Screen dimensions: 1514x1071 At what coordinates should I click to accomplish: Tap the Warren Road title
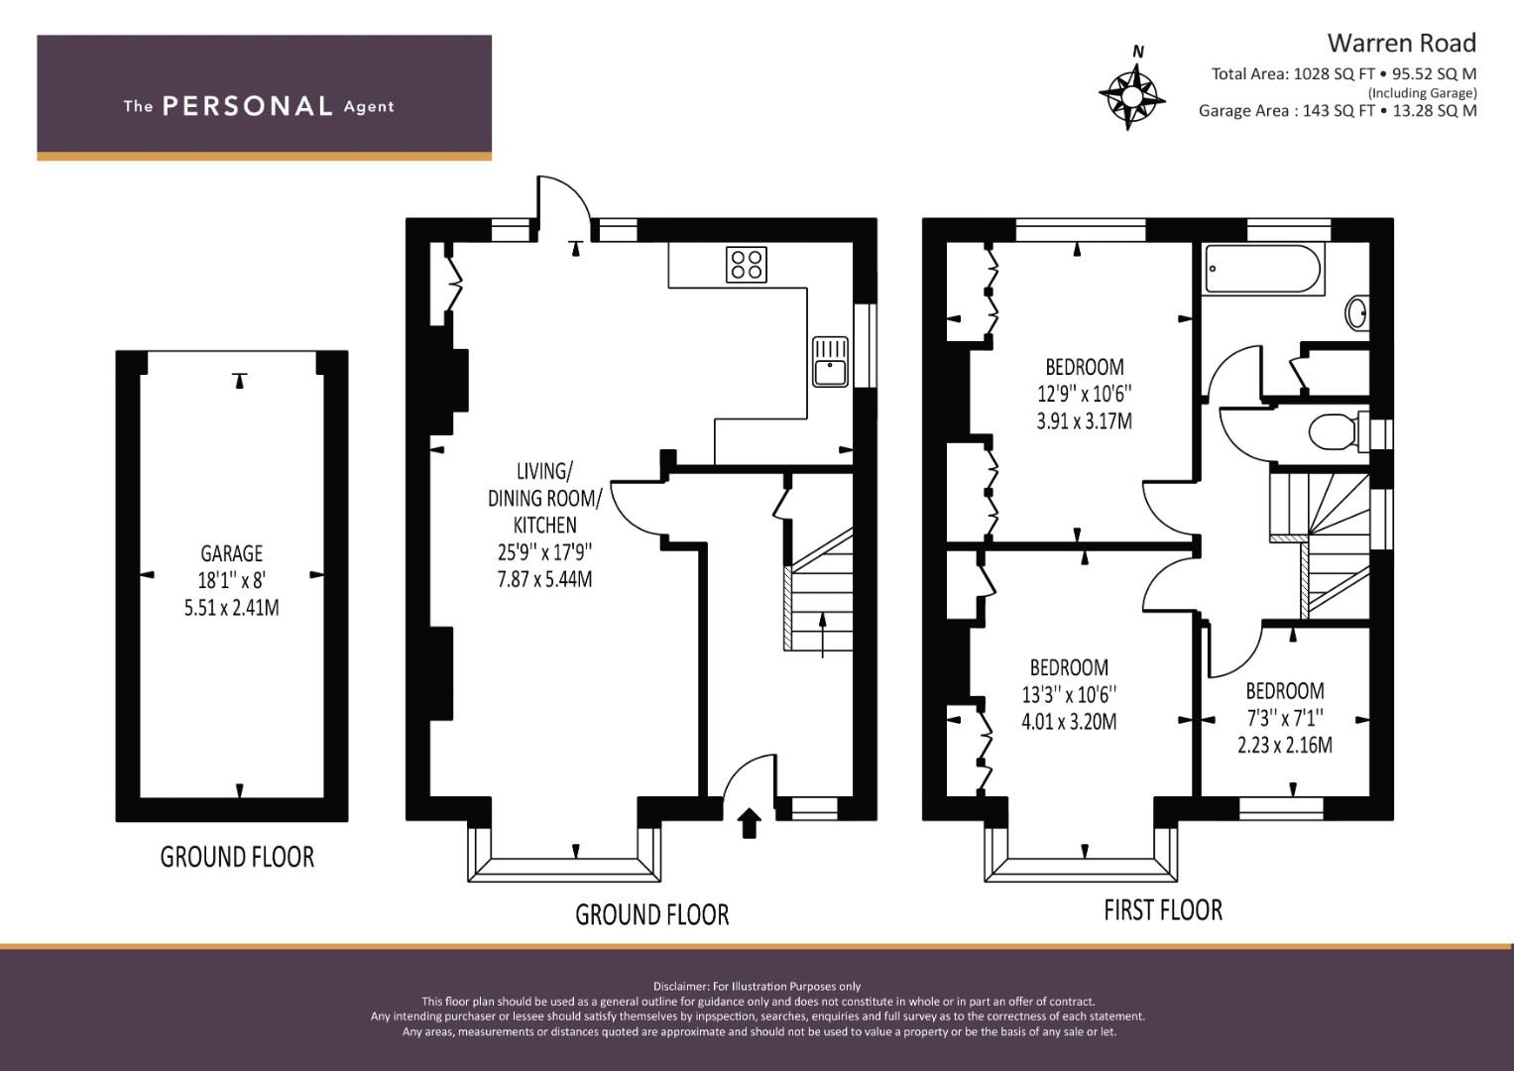pyautogui.click(x=1402, y=43)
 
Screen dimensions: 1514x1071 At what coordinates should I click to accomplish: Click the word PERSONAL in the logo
pyautogui.click(x=248, y=106)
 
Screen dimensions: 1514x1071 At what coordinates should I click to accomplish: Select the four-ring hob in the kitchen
pyautogui.click(x=747, y=264)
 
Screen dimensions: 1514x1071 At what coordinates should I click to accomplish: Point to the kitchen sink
pyautogui.click(x=830, y=362)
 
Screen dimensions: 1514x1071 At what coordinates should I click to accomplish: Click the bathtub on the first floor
pyautogui.click(x=1262, y=269)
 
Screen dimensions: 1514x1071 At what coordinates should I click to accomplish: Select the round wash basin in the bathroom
pyautogui.click(x=1357, y=312)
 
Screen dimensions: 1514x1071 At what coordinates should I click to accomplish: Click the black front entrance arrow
pyautogui.click(x=749, y=823)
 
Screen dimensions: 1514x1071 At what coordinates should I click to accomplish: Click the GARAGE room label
pyautogui.click(x=231, y=553)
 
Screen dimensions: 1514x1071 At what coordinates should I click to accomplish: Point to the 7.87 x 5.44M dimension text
pyautogui.click(x=544, y=579)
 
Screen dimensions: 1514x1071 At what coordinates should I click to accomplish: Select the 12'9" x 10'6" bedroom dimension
pyautogui.click(x=1084, y=394)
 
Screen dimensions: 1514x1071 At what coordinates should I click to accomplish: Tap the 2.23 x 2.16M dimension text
pyautogui.click(x=1285, y=745)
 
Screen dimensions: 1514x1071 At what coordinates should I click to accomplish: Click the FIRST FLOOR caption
pyautogui.click(x=1163, y=910)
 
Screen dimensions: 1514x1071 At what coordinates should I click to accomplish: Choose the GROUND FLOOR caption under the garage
pyautogui.click(x=237, y=857)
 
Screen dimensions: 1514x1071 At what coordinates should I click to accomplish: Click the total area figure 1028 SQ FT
pyautogui.click(x=1335, y=74)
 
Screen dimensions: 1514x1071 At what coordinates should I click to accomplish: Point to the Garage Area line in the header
pyautogui.click(x=1338, y=111)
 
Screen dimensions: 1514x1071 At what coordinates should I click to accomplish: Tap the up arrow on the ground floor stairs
pyautogui.click(x=823, y=635)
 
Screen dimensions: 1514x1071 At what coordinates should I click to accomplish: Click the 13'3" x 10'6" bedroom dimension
pyautogui.click(x=1069, y=694)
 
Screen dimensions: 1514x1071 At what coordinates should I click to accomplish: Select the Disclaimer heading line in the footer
pyautogui.click(x=757, y=986)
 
